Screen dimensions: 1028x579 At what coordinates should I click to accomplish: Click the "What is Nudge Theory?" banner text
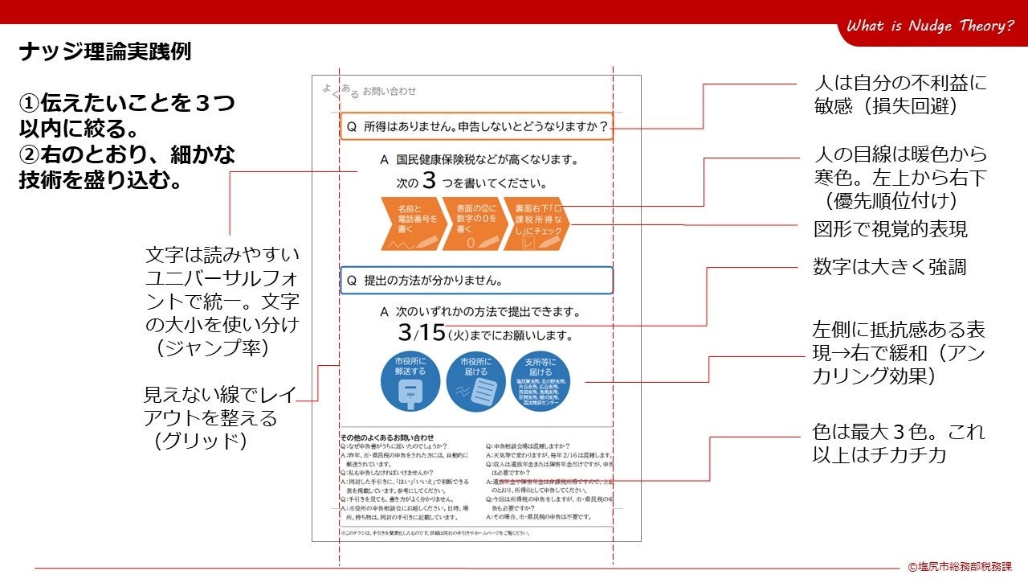point(930,27)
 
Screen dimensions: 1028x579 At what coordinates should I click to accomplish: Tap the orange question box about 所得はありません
point(476,126)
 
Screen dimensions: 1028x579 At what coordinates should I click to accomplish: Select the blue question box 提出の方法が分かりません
point(476,281)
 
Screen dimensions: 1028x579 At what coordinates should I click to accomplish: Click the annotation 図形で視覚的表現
point(890,229)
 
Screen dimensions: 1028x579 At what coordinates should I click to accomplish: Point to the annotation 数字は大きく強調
point(889,267)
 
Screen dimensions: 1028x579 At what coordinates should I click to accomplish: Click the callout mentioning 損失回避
point(899,95)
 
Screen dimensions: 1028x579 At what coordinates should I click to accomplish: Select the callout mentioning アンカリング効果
point(899,353)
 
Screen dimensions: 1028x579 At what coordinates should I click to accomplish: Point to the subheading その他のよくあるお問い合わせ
point(388,437)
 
